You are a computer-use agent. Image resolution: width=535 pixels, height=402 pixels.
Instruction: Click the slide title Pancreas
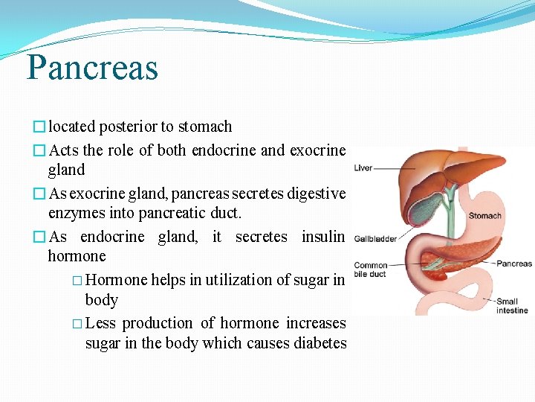point(92,67)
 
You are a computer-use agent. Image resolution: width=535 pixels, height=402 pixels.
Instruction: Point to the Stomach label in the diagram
point(484,216)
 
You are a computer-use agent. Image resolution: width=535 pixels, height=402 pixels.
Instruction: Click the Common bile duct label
point(371,269)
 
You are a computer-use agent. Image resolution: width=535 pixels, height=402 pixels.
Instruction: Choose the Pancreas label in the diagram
point(514,264)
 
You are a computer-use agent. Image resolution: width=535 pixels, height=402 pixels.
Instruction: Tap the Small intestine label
point(512,306)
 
